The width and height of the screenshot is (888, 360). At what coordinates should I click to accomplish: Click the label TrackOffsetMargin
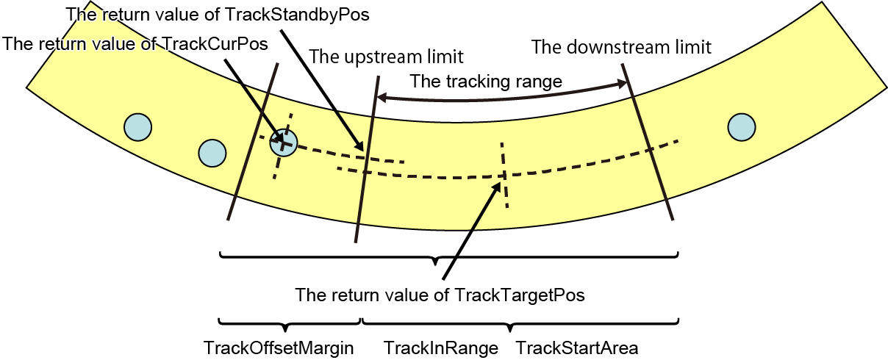tap(279, 347)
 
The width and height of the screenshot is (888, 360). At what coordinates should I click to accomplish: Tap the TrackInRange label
tap(441, 347)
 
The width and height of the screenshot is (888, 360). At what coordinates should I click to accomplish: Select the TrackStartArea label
tap(577, 347)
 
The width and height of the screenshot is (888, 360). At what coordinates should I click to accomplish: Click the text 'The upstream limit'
tap(387, 57)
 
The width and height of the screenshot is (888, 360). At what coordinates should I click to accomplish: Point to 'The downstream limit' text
tap(621, 48)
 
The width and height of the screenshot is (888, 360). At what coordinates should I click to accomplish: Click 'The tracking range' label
tap(486, 81)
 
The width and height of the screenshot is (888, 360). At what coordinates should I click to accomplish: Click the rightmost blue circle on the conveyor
tap(741, 127)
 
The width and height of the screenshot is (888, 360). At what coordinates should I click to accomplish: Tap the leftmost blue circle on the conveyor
tap(137, 127)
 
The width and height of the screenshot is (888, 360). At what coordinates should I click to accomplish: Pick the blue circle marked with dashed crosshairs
tap(283, 143)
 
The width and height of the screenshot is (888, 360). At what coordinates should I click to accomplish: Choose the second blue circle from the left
tap(212, 153)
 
